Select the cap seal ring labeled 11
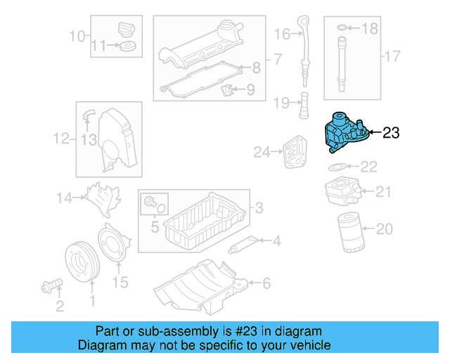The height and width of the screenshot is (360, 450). coord(128,47)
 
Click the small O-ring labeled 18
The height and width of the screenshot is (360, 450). coord(342,28)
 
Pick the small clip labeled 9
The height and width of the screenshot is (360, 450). coord(226,91)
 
